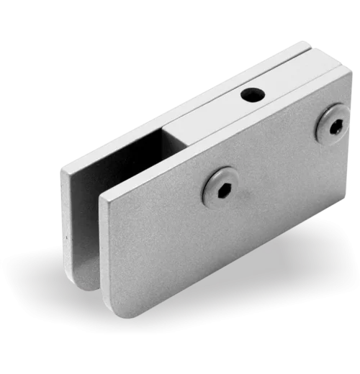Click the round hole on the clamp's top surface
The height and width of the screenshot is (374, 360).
tap(251, 94)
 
